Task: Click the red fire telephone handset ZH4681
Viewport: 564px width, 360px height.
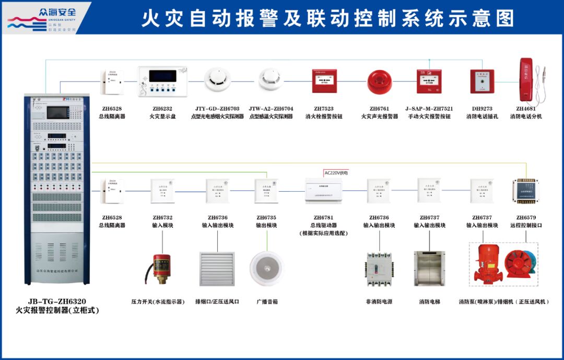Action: (x=525, y=81)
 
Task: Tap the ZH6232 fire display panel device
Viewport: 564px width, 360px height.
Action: (x=162, y=82)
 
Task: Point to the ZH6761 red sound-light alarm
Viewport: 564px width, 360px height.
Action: (x=379, y=81)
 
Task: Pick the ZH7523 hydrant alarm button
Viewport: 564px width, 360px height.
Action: (x=324, y=81)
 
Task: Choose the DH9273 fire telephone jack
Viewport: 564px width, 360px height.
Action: (x=481, y=82)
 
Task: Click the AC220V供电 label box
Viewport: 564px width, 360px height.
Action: (x=336, y=173)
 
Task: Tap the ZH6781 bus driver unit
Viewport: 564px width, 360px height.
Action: (x=323, y=191)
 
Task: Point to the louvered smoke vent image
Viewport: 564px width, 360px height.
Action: (x=217, y=269)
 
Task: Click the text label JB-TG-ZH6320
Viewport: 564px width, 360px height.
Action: (x=57, y=301)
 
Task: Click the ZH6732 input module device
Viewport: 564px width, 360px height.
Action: (x=162, y=191)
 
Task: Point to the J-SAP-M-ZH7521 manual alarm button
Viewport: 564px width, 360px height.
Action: (x=429, y=81)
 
